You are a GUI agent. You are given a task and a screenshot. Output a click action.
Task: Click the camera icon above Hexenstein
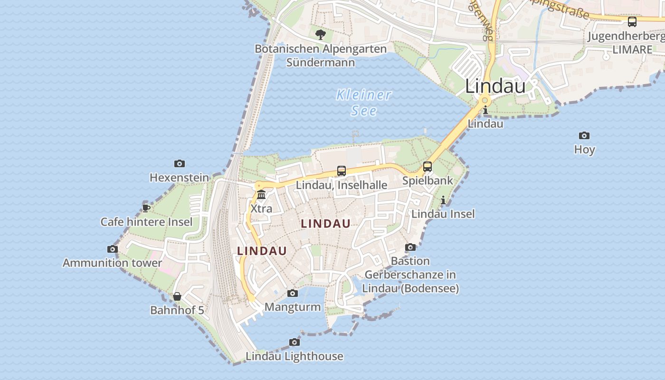(x=179, y=163)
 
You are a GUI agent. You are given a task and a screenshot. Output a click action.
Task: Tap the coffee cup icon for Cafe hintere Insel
(x=146, y=208)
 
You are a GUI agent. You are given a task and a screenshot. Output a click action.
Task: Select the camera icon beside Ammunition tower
(x=113, y=249)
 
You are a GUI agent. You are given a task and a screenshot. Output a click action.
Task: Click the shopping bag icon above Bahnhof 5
(x=177, y=296)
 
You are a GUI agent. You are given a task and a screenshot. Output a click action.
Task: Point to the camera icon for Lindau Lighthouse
(x=294, y=342)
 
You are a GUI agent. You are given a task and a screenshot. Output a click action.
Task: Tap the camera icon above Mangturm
(x=293, y=293)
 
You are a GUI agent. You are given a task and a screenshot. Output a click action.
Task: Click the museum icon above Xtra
(x=261, y=195)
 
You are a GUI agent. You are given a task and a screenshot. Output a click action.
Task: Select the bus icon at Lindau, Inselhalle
(x=341, y=171)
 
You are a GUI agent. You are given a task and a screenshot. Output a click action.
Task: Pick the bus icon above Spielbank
(x=427, y=167)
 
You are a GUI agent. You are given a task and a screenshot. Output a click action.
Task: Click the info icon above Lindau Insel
(x=443, y=200)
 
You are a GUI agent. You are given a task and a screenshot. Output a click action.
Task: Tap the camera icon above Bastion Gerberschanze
(x=410, y=247)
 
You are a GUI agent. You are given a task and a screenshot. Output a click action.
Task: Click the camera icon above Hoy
(x=584, y=135)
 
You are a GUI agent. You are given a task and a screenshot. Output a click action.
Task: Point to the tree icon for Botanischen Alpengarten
(x=321, y=34)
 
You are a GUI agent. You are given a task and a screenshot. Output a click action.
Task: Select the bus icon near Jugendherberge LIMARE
(x=632, y=21)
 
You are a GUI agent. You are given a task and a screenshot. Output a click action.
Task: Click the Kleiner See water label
(x=364, y=103)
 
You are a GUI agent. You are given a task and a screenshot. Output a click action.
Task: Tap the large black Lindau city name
(x=495, y=86)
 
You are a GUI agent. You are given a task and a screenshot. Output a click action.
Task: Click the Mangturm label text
(x=293, y=307)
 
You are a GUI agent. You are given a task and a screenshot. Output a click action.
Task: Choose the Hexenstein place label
(x=179, y=178)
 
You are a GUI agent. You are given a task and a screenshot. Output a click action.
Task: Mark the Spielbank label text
(x=427, y=181)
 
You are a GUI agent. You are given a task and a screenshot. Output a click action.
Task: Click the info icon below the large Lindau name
(x=485, y=110)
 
